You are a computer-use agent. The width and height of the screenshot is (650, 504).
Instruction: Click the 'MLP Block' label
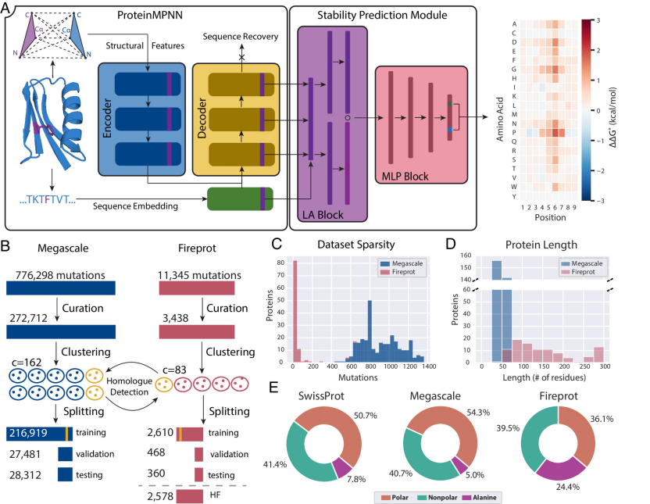(405, 177)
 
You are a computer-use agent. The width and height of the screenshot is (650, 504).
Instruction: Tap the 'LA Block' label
(323, 215)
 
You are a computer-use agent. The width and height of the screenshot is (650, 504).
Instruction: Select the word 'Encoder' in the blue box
(107, 118)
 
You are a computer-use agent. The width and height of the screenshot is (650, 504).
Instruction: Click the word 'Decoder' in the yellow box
(202, 118)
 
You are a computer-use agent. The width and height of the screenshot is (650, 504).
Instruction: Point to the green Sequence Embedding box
(240, 198)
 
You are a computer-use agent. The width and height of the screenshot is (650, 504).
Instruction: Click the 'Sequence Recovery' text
(241, 37)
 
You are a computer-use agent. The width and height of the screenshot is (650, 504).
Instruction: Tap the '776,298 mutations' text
(60, 275)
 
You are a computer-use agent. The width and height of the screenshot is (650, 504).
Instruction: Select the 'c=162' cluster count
(26, 363)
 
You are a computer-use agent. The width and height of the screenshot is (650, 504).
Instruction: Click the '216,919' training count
(28, 433)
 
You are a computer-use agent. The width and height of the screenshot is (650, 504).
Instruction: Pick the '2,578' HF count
(160, 495)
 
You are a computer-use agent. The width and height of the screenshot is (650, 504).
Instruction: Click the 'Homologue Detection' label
(129, 386)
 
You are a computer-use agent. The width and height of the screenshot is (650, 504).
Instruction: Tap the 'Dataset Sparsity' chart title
(356, 245)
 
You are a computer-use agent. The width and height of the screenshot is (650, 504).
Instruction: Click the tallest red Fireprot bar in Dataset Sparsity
(295, 311)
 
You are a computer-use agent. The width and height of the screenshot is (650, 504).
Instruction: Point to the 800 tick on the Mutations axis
(370, 366)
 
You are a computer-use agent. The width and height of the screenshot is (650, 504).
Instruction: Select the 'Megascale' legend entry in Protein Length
(581, 263)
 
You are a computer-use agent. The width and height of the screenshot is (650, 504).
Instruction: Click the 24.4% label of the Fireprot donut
(567, 487)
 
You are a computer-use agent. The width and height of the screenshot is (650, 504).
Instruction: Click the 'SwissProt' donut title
(321, 396)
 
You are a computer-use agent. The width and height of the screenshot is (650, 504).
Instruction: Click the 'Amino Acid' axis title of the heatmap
(500, 120)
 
